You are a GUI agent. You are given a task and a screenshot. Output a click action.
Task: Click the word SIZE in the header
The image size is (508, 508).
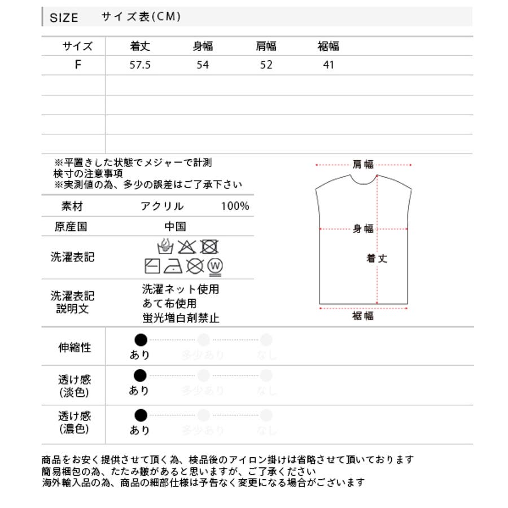coord(64,17)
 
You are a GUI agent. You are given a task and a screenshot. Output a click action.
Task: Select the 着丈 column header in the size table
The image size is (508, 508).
coord(139,46)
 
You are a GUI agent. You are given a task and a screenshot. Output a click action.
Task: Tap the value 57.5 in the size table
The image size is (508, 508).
coord(139,65)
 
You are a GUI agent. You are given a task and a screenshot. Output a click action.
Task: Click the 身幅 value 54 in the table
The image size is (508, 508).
coord(203,65)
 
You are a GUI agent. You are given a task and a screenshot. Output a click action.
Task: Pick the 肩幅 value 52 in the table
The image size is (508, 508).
coord(266,65)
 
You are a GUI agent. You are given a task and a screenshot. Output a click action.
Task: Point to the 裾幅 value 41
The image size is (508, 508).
coord(329,65)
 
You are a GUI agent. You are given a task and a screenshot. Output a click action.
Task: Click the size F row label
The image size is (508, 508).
coord(78,64)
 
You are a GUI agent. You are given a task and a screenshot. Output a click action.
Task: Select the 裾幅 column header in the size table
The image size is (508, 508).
coord(329,46)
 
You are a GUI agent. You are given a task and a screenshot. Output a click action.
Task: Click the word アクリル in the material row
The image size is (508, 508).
coord(163,206)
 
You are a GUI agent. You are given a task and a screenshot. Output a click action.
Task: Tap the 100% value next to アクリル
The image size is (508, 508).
coord(235,206)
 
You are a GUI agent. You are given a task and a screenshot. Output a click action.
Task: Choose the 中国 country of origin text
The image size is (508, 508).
coord(175,226)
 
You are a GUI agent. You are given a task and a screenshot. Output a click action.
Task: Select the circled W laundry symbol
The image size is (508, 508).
coord(214,265)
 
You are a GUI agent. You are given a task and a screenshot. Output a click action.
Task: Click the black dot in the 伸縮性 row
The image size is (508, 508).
coord(141,340)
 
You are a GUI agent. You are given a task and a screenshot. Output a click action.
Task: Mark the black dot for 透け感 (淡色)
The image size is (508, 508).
coord(141,375)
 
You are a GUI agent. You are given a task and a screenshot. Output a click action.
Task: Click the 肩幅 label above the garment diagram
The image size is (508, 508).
coord(363,164)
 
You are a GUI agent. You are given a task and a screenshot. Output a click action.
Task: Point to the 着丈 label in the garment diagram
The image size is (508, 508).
coord(377,259)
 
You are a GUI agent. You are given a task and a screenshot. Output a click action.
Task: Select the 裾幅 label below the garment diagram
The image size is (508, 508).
coord(363,316)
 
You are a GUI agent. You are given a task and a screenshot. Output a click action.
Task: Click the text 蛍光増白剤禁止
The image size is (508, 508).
coord(181,318)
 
